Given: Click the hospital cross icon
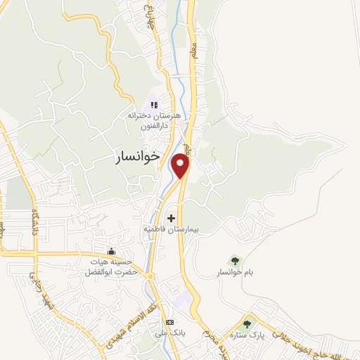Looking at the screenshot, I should coord(172,218).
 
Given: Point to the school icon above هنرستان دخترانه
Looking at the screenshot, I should coord(155,105).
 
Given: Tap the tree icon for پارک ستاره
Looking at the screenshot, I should coord(246,323).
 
